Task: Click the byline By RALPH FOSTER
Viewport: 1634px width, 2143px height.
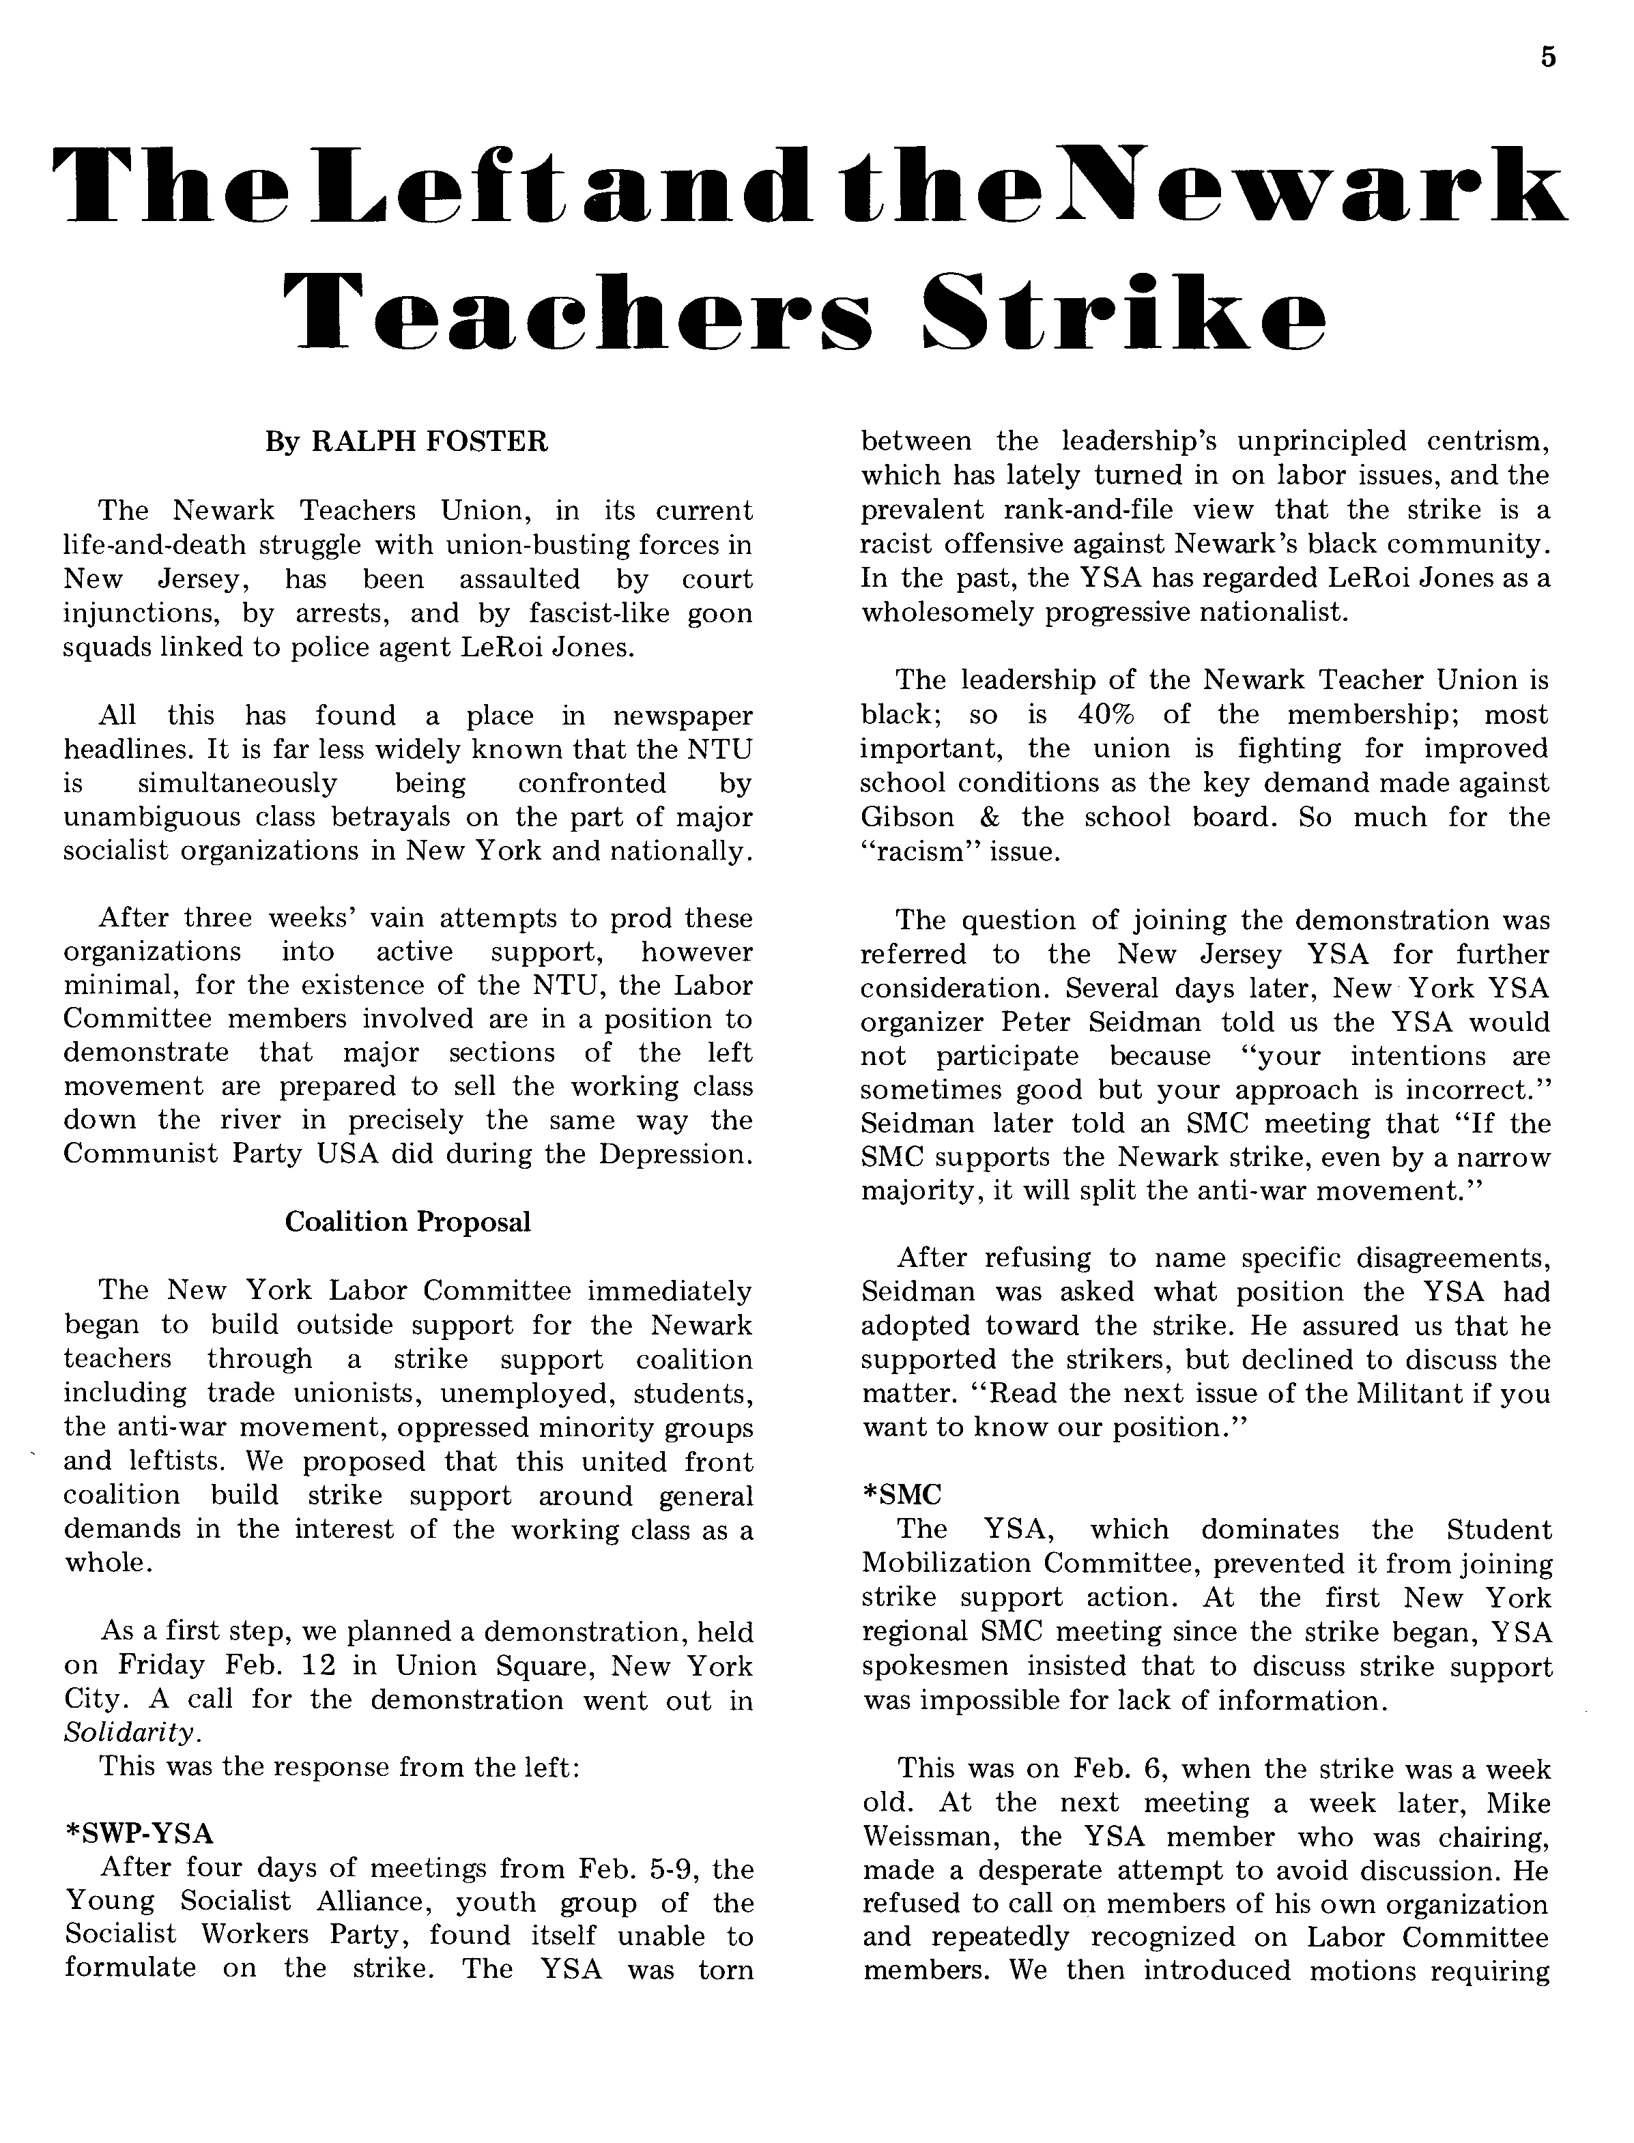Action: [x=407, y=442]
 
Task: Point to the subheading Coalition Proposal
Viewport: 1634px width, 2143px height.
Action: [x=407, y=1222]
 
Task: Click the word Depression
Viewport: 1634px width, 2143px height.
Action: [x=675, y=1154]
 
